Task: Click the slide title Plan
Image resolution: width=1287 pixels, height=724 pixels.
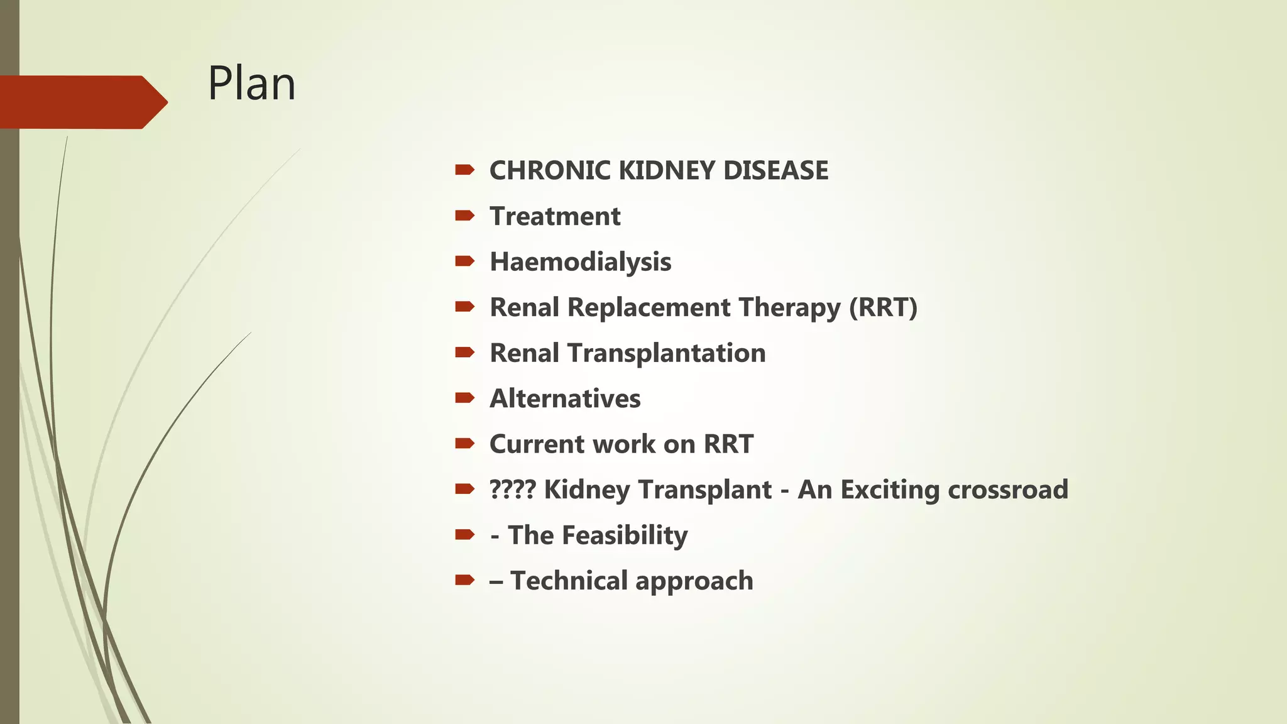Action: pos(251,84)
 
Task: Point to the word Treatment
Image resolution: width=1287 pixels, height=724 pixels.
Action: pos(555,217)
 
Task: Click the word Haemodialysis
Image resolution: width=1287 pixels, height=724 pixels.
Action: pos(580,262)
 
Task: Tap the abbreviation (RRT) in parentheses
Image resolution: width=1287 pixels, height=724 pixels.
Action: pos(883,308)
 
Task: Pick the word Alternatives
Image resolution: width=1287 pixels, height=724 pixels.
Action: pos(565,399)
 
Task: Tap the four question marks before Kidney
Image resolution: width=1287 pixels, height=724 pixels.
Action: pos(512,490)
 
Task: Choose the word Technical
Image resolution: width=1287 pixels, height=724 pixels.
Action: pos(569,581)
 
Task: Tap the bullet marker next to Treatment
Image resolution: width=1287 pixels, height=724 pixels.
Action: pos(464,216)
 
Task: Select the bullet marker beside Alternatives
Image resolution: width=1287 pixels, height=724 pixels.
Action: pos(464,398)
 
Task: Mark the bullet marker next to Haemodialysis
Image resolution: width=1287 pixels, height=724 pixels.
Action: pos(464,261)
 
